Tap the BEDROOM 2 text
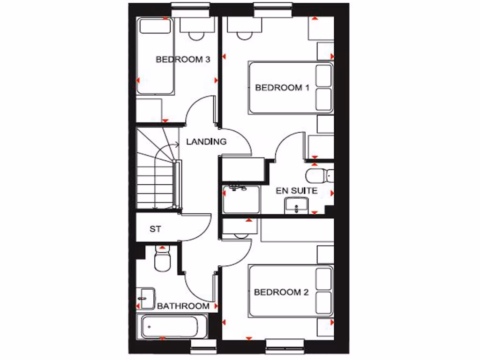[281, 292]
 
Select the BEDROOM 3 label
[182, 60]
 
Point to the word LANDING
[206, 142]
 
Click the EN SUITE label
[296, 191]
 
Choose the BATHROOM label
[183, 306]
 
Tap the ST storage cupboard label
[155, 229]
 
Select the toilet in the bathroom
[162, 260]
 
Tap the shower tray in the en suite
[240, 199]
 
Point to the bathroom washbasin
[147, 298]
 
